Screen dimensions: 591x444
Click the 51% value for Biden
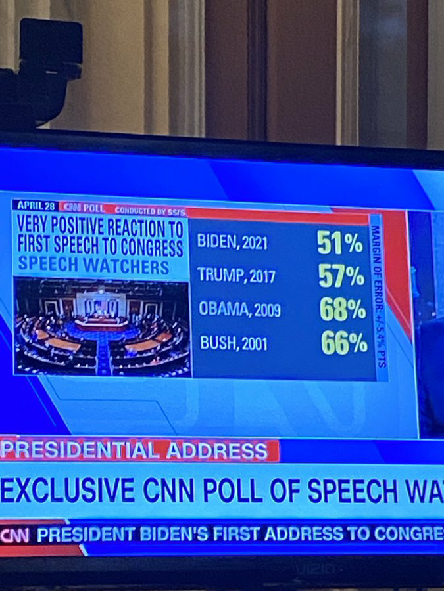point(339,243)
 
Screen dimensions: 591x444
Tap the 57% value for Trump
point(341,276)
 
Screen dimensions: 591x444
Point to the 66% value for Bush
point(343,343)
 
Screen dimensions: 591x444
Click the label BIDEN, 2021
point(233,242)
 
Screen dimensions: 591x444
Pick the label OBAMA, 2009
point(239,309)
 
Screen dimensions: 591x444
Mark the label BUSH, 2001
point(233,343)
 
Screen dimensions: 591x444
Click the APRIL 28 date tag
point(36,206)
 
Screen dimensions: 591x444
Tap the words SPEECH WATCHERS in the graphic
point(93,267)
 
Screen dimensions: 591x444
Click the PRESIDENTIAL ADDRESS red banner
point(135,451)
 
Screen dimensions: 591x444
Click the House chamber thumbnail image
point(102,326)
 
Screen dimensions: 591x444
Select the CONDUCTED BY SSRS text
point(150,211)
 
